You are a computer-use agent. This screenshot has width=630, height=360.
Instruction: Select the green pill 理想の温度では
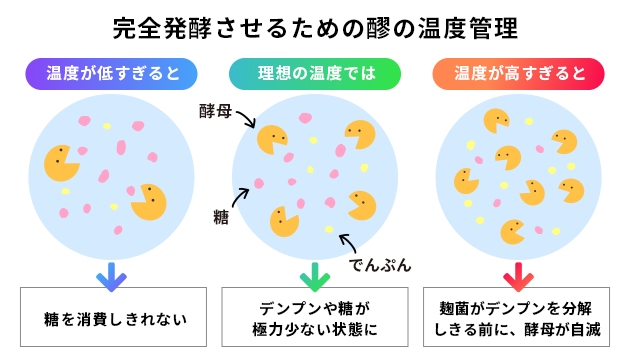click(x=314, y=73)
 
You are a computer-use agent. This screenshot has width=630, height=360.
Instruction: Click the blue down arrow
click(x=111, y=271)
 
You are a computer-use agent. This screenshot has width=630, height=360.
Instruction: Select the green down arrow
click(x=314, y=271)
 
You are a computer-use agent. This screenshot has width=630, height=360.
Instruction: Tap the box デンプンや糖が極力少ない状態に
click(x=314, y=318)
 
